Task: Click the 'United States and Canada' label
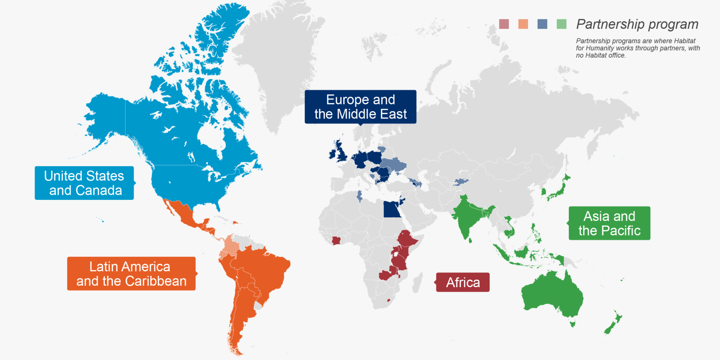(x=84, y=183)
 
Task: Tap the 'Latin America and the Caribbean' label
(x=131, y=274)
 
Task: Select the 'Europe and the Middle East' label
(x=360, y=107)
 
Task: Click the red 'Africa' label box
(x=463, y=282)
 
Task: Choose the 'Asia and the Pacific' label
(x=609, y=223)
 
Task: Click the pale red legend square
(x=504, y=24)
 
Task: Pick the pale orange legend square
(x=523, y=24)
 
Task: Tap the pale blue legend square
(x=542, y=24)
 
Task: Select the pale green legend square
(x=562, y=24)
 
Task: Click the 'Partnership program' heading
(x=637, y=24)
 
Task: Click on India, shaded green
(x=468, y=216)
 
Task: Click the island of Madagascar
(x=418, y=283)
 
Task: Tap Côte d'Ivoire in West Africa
(x=337, y=241)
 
